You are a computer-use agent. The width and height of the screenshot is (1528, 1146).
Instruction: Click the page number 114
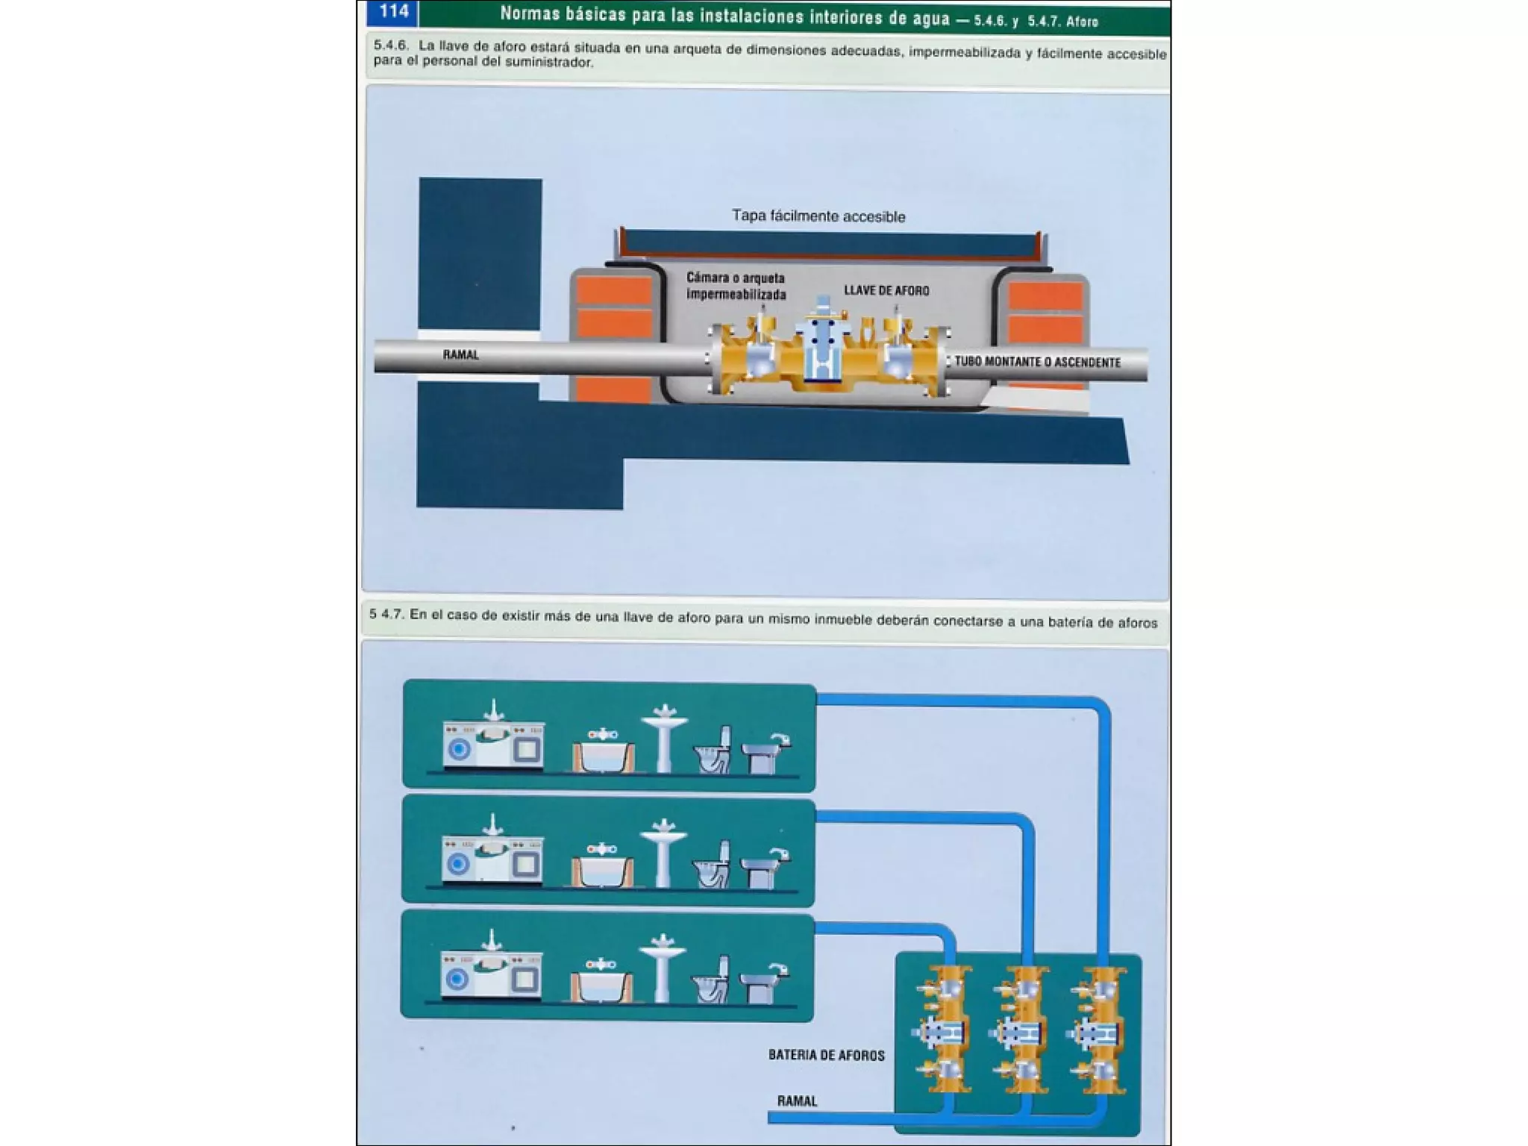(393, 11)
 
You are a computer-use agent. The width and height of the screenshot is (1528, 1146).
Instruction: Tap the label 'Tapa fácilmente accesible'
(818, 216)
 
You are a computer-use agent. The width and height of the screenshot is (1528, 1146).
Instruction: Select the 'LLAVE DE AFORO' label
(886, 290)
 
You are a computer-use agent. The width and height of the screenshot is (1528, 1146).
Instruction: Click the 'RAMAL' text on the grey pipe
(460, 354)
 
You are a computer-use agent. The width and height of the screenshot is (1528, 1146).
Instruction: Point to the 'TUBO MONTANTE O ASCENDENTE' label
(1037, 362)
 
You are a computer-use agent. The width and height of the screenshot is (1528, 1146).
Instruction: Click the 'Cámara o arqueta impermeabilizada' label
(736, 286)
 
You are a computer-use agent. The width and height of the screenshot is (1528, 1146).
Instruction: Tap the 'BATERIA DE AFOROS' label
(826, 1055)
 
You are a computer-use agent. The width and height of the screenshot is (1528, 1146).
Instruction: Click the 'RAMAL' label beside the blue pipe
(797, 1100)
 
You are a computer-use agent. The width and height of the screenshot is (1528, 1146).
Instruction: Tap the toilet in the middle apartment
(713, 865)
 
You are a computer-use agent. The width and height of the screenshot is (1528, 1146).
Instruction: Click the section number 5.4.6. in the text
(391, 46)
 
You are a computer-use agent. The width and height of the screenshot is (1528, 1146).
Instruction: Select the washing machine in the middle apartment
(458, 862)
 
